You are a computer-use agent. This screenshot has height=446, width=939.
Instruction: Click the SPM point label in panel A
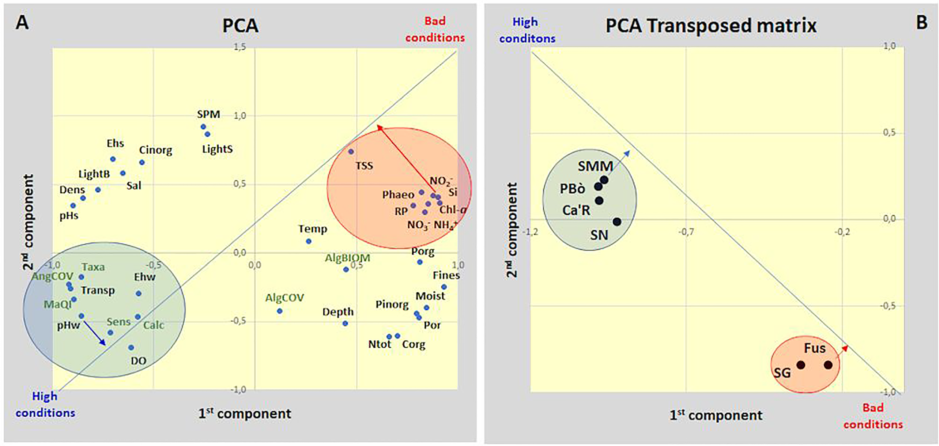point(208,114)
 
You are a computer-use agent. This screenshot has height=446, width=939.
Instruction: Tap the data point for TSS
point(351,151)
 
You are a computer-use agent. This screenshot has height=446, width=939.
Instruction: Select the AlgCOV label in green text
point(284,298)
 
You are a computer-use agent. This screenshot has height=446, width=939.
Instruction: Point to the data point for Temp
point(308,241)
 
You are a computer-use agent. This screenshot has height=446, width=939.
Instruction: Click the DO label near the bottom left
point(138,361)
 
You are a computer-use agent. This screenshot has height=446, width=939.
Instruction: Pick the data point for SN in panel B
point(617,222)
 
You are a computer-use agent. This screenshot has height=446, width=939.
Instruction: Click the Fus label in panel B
point(814,348)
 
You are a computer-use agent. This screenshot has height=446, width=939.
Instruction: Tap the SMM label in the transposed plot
point(595,166)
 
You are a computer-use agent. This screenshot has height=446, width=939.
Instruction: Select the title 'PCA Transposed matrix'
point(711,26)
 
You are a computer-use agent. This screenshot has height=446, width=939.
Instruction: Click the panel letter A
point(22,23)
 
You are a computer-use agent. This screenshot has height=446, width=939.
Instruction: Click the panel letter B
point(921,23)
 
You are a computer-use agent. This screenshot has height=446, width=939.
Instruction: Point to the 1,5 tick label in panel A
point(240,47)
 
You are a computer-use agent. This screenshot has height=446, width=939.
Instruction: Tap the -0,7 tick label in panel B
point(686,232)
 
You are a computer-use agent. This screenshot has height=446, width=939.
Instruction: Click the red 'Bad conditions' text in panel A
point(435,29)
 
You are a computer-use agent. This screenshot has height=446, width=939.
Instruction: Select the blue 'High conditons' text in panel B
point(527,30)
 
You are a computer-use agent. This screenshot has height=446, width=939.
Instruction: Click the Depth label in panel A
point(338,312)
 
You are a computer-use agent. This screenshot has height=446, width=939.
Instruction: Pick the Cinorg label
point(155,150)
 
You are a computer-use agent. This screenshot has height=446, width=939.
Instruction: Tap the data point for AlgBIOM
point(346,269)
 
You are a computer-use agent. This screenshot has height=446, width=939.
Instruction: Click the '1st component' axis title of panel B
point(716,415)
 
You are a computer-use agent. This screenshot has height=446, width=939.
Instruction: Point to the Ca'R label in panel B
point(576,210)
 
